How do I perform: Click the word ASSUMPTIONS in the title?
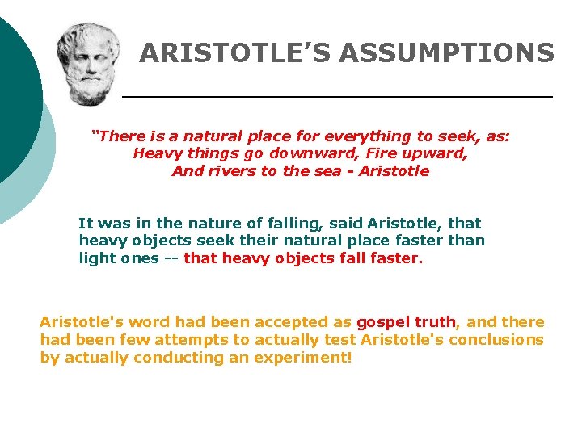pyautogui.click(x=447, y=53)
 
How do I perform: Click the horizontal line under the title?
pyautogui.click(x=337, y=97)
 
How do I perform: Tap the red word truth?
pyautogui.click(x=436, y=321)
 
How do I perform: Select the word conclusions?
pyautogui.click(x=496, y=339)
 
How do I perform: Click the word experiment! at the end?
pyautogui.click(x=303, y=357)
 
